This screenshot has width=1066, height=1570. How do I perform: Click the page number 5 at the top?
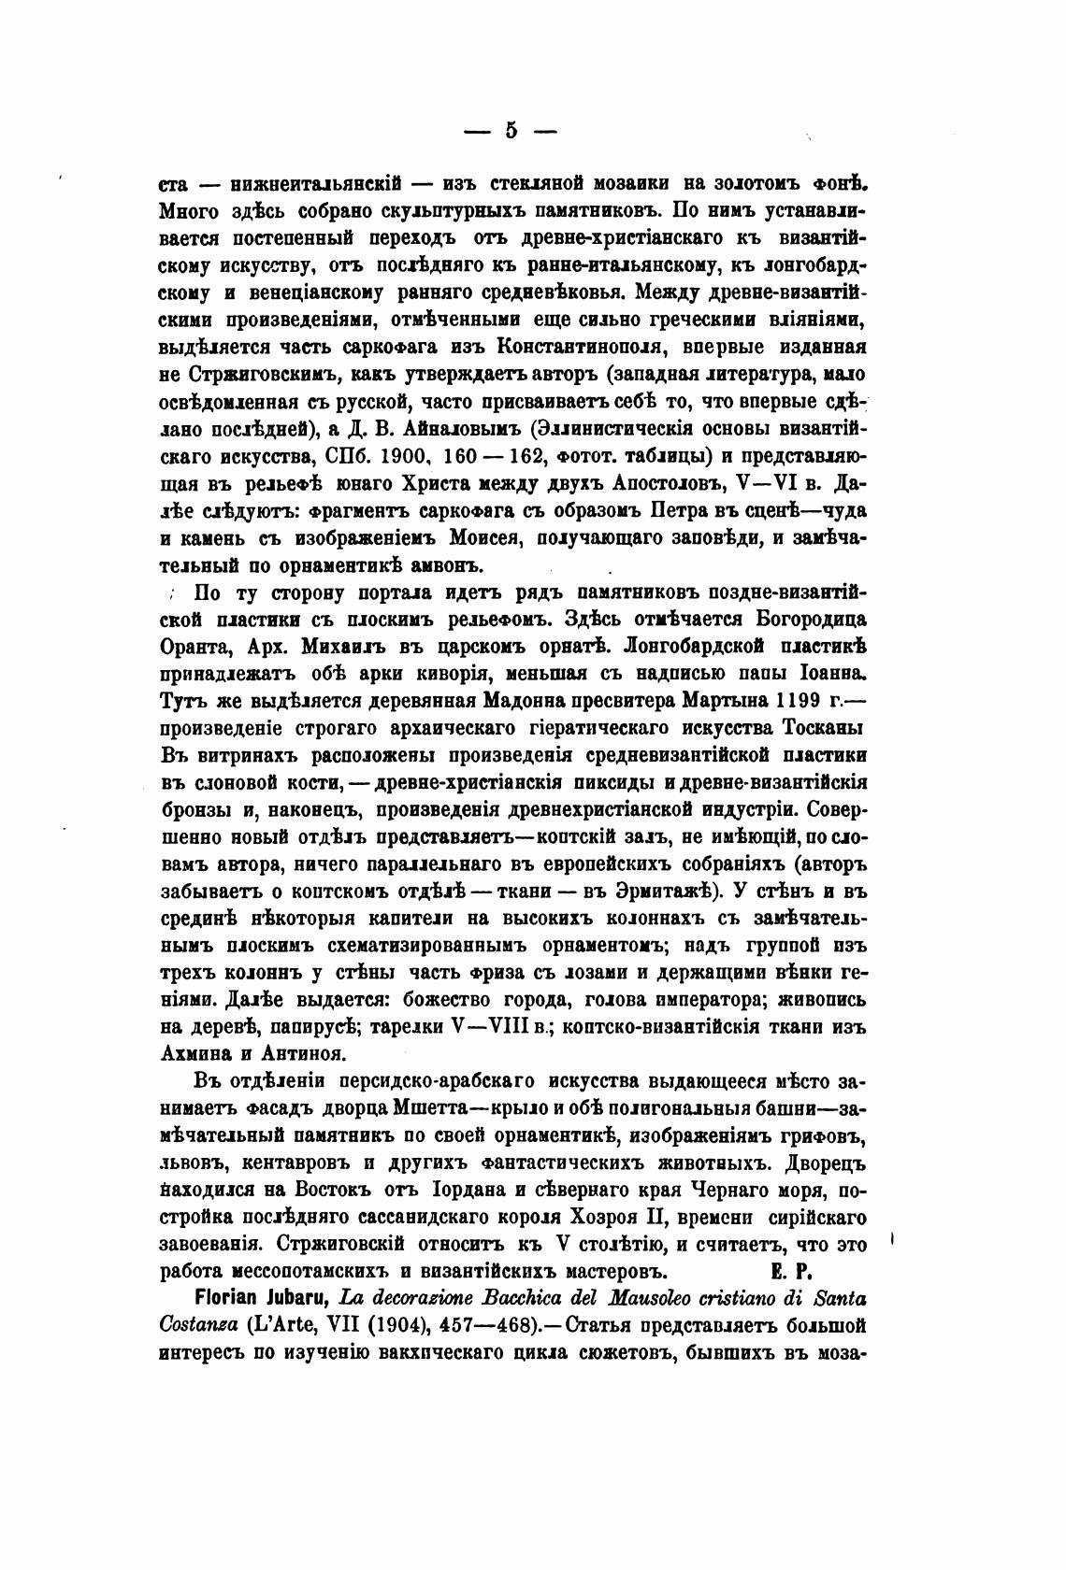pos(511,131)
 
